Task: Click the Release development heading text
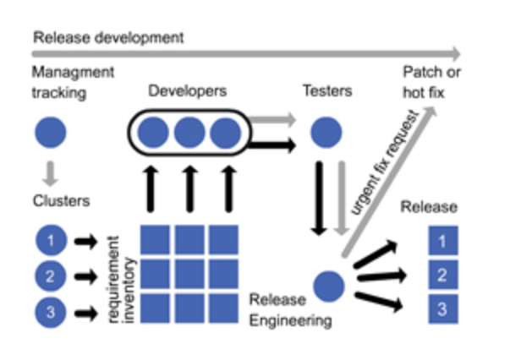point(107,37)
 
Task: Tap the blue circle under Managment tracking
point(50,134)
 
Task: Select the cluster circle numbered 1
point(50,242)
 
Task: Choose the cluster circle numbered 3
point(50,312)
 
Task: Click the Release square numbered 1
point(441,243)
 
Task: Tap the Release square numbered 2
point(441,275)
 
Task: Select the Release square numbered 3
point(441,308)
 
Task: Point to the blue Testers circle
point(326,134)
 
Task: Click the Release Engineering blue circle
point(327,286)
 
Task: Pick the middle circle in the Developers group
point(189,134)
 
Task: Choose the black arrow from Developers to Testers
point(276,145)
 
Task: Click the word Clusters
point(61,202)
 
